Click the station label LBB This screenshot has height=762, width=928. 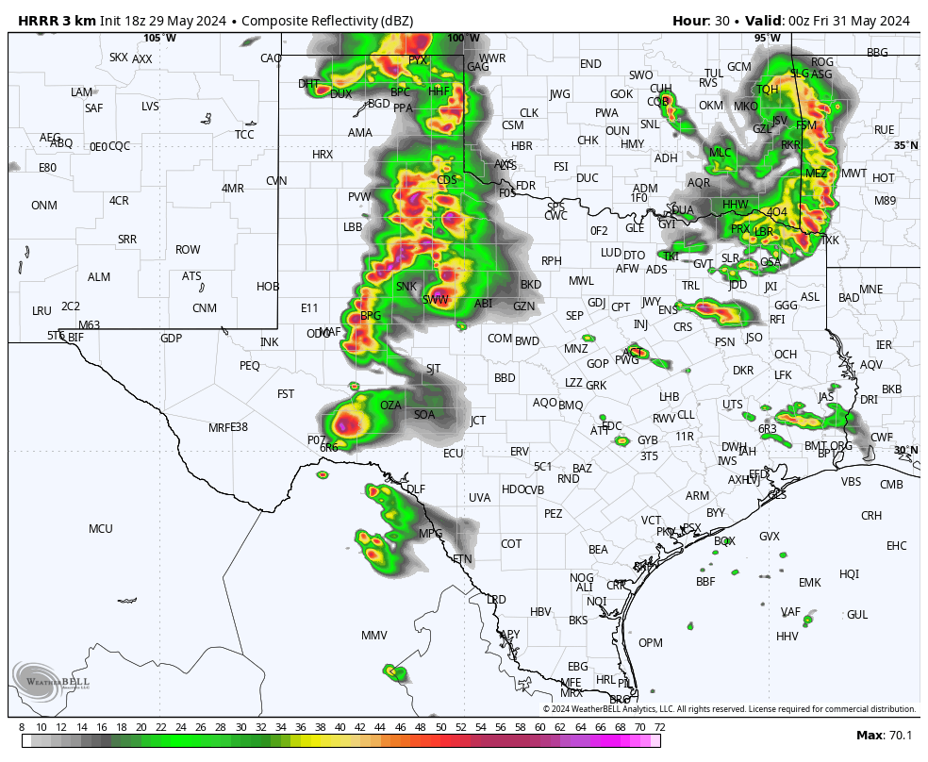pos(353,227)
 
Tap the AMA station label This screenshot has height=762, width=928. pos(360,133)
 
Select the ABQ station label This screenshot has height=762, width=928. pos(61,143)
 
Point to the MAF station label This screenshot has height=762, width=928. pos(330,331)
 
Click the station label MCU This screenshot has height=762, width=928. pos(101,529)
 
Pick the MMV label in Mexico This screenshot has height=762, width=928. pos(374,636)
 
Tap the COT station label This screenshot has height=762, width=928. pos(511,544)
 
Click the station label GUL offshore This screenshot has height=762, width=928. pos(857,615)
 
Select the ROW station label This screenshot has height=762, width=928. pos(188,250)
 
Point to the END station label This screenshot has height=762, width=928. pos(590,64)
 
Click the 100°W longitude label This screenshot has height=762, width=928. pos(463,38)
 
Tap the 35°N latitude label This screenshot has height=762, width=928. pos(906,145)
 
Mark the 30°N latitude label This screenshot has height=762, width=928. pos(906,450)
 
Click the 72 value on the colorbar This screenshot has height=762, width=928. pos(660,727)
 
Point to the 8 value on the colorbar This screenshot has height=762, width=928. pos(22,727)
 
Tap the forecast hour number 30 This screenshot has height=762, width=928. pos(726,21)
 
